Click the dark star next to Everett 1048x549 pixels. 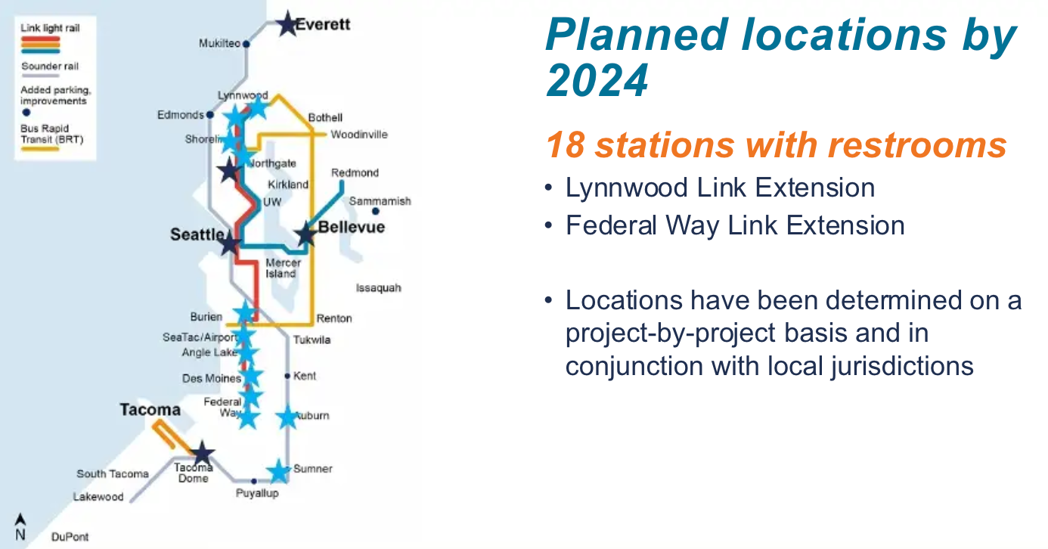pyautogui.click(x=287, y=24)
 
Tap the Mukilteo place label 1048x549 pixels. pyautogui.click(x=219, y=44)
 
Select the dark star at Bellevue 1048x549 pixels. pyautogui.click(x=305, y=234)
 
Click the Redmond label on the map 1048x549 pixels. pyautogui.click(x=355, y=173)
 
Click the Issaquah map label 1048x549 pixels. pyautogui.click(x=378, y=288)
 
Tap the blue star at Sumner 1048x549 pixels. pyautogui.click(x=279, y=471)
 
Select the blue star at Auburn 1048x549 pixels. pyautogui.click(x=287, y=417)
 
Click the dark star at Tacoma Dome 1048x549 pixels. pyautogui.click(x=202, y=454)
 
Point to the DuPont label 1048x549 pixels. pyautogui.click(x=70, y=537)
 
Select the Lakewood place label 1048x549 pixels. pyautogui.click(x=98, y=497)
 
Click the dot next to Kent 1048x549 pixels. pyautogui.click(x=287, y=376)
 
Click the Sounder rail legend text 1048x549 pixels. pyautogui.click(x=50, y=67)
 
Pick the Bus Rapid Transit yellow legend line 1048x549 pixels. pyautogui.click(x=40, y=149)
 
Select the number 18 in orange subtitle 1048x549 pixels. pyautogui.click(x=565, y=145)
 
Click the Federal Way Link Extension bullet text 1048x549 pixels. pyautogui.click(x=735, y=225)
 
